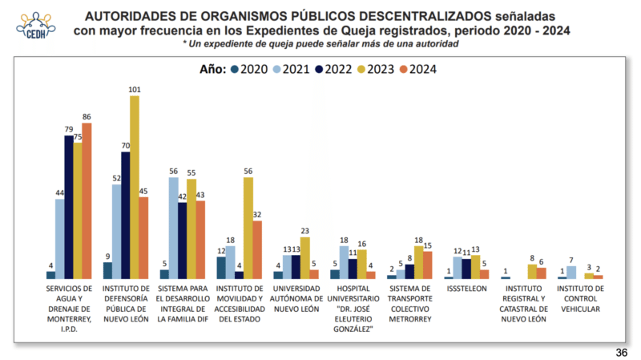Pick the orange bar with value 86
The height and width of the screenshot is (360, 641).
(x=87, y=200)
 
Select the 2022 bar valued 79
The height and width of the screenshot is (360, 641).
(x=69, y=207)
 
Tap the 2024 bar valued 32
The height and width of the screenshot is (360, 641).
(x=257, y=249)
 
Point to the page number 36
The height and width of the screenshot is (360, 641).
(x=621, y=352)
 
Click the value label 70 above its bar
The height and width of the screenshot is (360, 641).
(x=125, y=146)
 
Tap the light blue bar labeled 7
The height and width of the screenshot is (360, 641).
(x=571, y=272)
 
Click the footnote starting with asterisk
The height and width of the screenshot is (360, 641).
(x=320, y=43)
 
